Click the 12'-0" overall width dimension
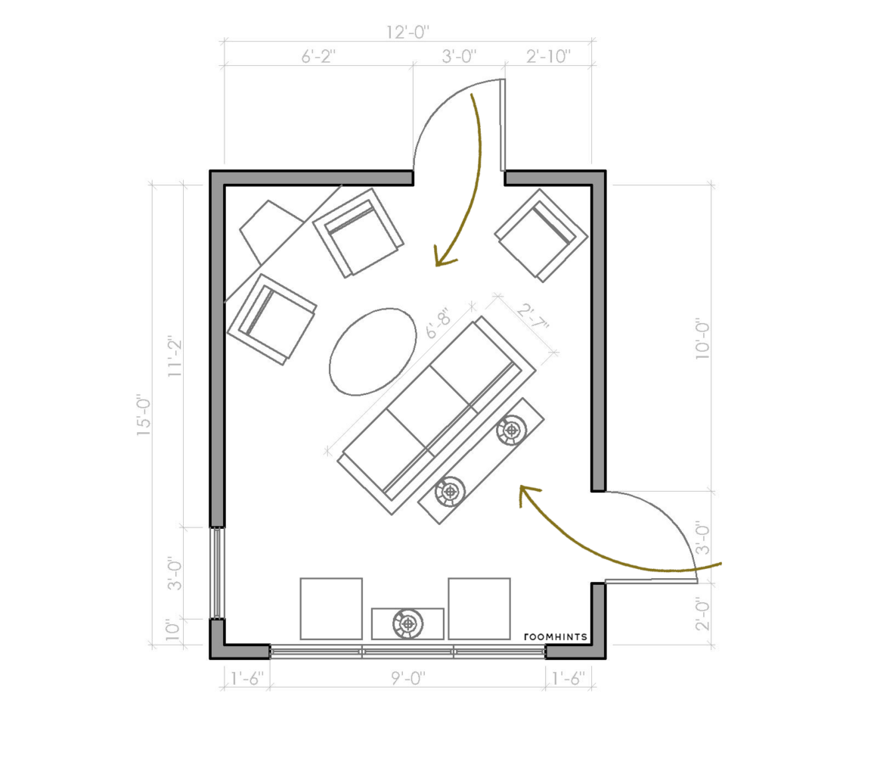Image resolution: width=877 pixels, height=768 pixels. [x=408, y=33]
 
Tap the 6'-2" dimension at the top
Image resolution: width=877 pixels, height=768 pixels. [x=318, y=57]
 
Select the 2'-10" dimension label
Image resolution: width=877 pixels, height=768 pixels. [x=548, y=57]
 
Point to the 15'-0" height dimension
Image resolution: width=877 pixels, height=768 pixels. [x=144, y=416]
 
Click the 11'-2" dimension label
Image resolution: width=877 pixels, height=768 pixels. [x=175, y=356]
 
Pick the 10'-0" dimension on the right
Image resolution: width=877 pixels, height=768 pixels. [x=702, y=339]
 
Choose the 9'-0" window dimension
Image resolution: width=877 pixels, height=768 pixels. [x=408, y=679]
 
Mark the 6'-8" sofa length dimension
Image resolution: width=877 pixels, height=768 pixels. [x=438, y=325]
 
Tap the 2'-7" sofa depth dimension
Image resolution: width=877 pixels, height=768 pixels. [x=532, y=319]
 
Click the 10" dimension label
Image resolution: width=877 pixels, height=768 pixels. [x=173, y=630]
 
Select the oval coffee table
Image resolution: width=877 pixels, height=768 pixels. [x=373, y=352]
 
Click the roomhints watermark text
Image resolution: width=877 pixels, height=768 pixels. [x=556, y=636]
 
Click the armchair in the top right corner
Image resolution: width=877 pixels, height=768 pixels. [x=541, y=235]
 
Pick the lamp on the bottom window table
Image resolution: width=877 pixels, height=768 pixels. [x=408, y=623]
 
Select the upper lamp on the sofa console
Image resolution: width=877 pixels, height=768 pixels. [x=512, y=431]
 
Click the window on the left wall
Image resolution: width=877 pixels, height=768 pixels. [x=217, y=573]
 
